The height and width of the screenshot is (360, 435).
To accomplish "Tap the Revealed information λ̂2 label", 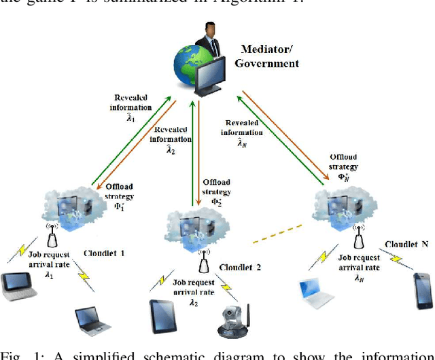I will point(172,140).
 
